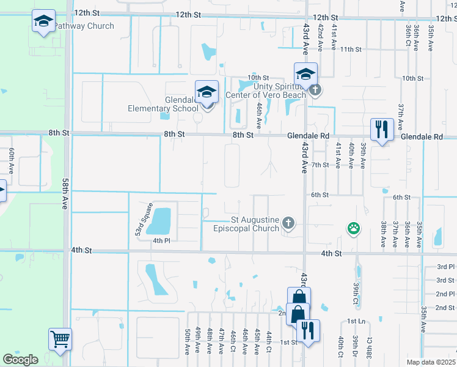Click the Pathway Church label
[84, 26]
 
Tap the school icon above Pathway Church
[43, 22]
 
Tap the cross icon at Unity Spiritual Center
[315, 90]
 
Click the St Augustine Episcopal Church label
[255, 224]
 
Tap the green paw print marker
[353, 229]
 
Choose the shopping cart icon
[60, 338]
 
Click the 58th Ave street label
[65, 195]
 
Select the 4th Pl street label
[161, 240]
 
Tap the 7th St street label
[320, 165]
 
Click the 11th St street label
[351, 49]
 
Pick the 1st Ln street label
[356, 321]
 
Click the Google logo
[20, 359]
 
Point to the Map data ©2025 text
[431, 362]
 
